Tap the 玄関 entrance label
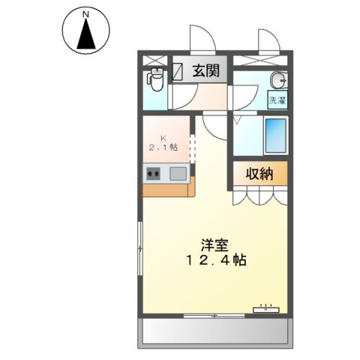[x=205, y=72]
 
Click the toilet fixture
[x=155, y=79]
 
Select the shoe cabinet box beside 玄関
[x=180, y=72]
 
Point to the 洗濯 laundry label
[x=277, y=100]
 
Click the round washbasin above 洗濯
[x=278, y=80]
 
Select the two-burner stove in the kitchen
[x=154, y=175]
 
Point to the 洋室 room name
[x=215, y=244]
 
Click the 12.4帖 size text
[x=215, y=261]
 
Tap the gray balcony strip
[x=214, y=330]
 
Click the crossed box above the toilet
[x=154, y=60]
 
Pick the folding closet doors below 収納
[x=259, y=196]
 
